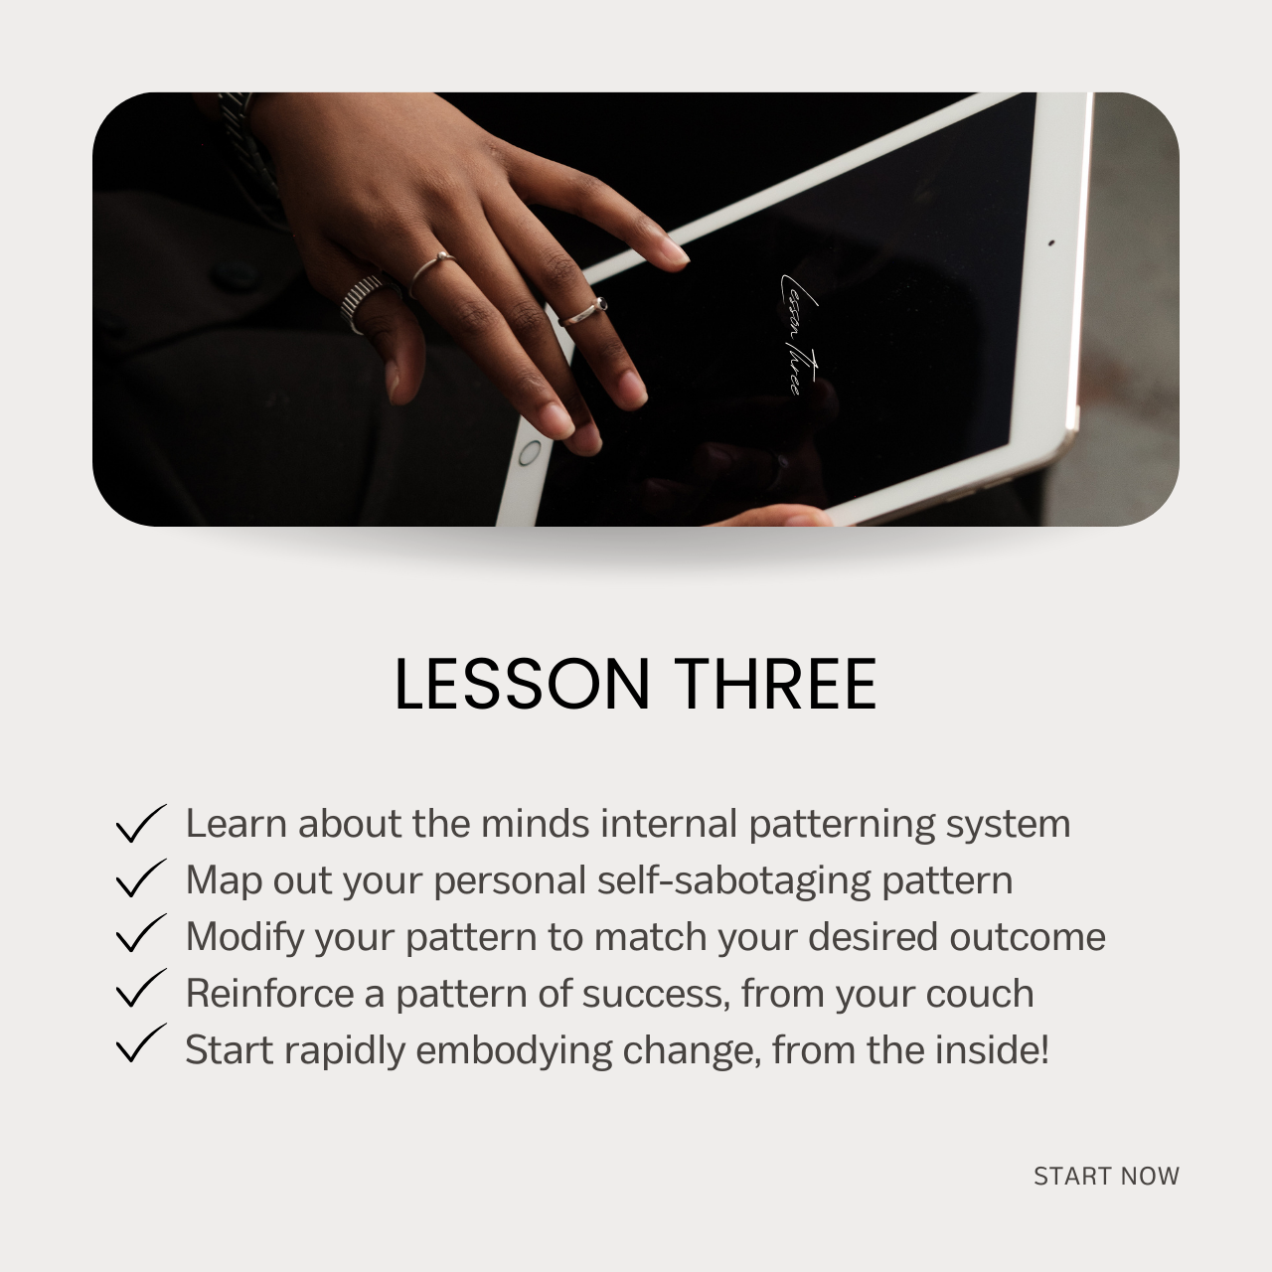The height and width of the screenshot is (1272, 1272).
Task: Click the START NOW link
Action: (x=1106, y=1176)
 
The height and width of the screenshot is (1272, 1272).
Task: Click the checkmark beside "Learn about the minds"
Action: (x=140, y=823)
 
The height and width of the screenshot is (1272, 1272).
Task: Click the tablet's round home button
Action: (x=530, y=453)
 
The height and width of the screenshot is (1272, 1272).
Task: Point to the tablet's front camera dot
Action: (x=1050, y=242)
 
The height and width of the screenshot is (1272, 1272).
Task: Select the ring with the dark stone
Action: (x=583, y=312)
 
